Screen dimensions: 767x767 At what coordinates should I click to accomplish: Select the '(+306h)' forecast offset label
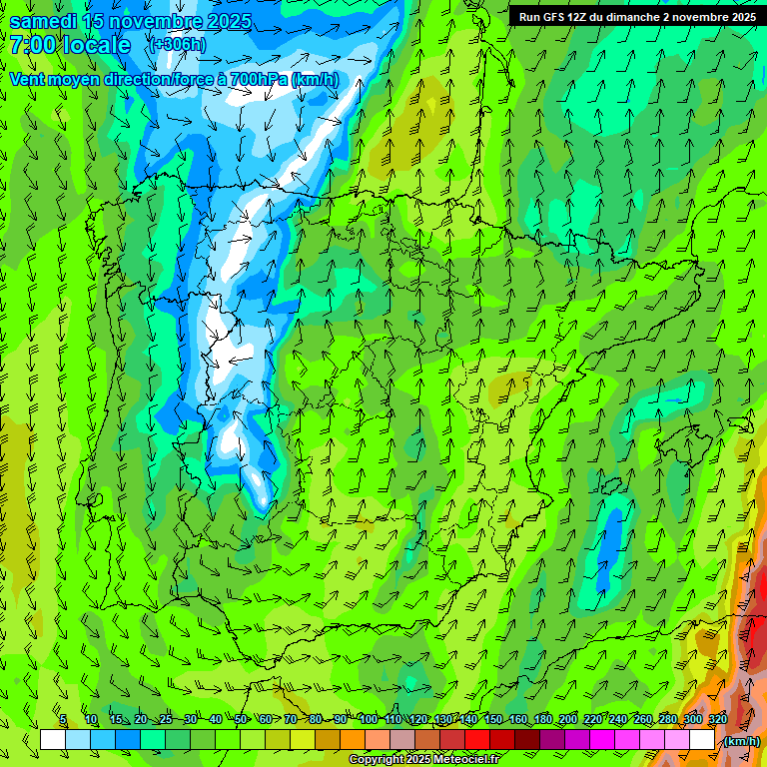tap(176, 45)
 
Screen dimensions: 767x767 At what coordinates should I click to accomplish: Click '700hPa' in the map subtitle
tap(261, 79)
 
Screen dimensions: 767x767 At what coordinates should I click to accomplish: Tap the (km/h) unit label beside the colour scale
tap(741, 741)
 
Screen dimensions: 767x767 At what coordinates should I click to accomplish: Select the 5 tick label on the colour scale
tap(63, 719)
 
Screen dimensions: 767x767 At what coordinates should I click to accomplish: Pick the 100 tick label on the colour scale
tap(368, 719)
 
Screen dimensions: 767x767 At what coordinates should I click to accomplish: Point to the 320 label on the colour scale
tap(718, 719)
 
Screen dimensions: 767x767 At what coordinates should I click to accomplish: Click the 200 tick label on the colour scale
tap(568, 719)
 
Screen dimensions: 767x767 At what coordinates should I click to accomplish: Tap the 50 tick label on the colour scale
tap(241, 719)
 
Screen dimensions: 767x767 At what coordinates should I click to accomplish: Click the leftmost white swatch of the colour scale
tap(53, 740)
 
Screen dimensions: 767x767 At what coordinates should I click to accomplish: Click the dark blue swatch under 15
tap(128, 740)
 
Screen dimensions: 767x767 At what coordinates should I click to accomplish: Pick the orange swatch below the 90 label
tap(353, 740)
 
